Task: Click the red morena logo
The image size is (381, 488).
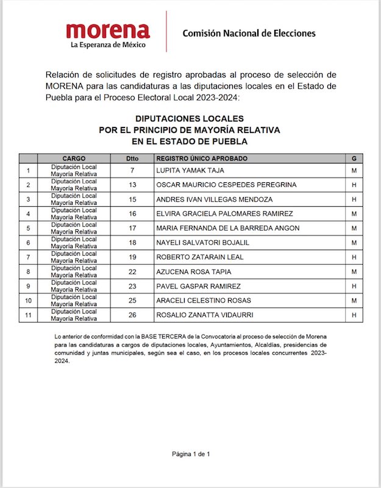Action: tap(109, 31)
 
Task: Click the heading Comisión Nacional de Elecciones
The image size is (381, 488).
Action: tap(249, 33)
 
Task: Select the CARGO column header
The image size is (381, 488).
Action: tap(73, 159)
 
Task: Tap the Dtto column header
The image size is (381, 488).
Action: tap(132, 159)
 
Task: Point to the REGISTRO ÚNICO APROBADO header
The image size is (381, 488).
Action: tap(198, 159)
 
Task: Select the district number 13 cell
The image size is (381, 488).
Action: tap(132, 185)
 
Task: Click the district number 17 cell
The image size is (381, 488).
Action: tap(132, 228)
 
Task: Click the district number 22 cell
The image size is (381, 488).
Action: tap(132, 272)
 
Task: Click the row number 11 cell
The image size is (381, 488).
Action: tap(28, 315)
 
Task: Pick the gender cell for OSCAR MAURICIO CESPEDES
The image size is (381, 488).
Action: tap(354, 185)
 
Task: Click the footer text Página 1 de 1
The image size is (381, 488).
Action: tap(191, 454)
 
